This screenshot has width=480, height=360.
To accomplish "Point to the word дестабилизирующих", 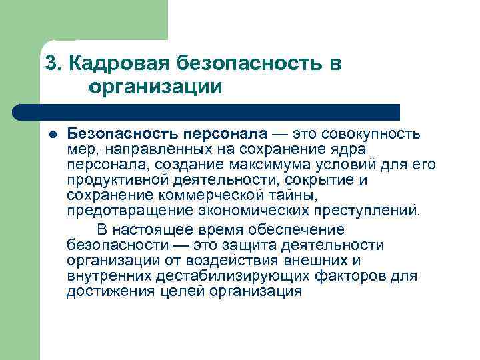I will pos(224,276).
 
